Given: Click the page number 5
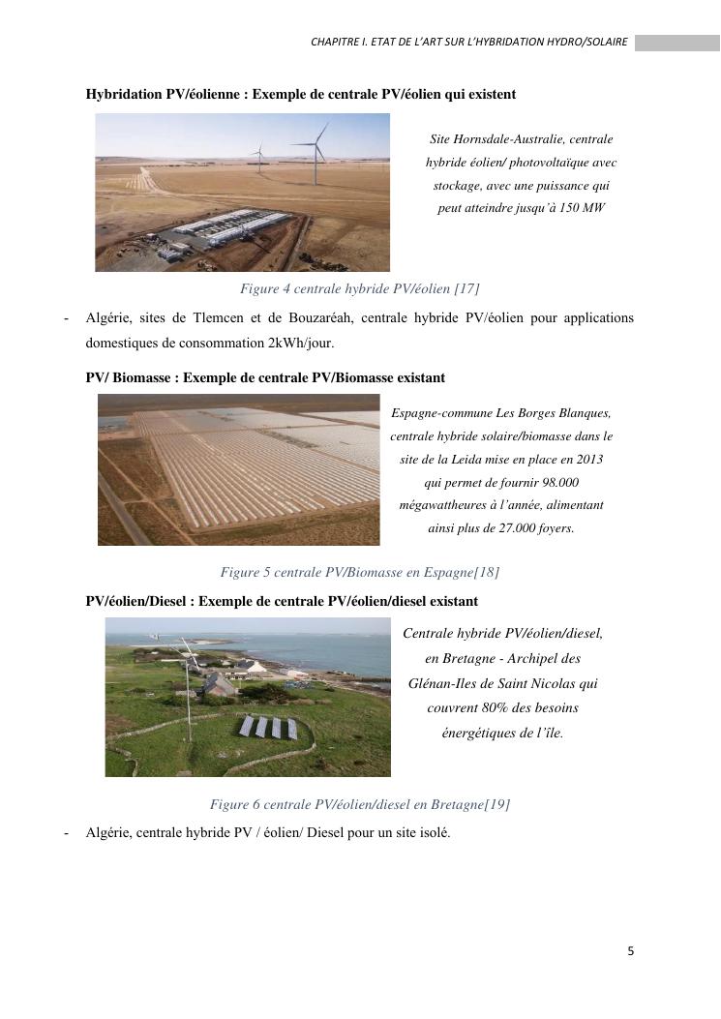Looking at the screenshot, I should (631, 951).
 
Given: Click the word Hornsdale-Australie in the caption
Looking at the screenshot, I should (509, 139).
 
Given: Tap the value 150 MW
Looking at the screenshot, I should (585, 207).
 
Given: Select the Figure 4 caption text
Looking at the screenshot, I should (359, 288).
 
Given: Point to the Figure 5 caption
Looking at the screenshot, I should (359, 572).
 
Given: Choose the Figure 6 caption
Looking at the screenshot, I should (359, 804).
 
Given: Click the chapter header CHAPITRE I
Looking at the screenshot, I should (339, 43).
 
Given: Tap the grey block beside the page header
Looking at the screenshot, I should (677, 43).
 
